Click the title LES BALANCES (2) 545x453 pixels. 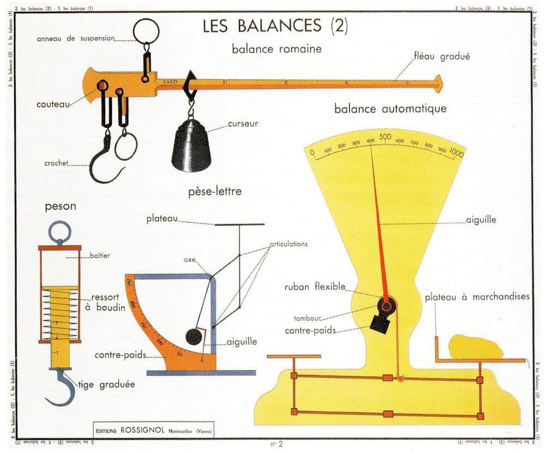click(x=275, y=26)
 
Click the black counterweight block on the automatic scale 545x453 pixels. click(x=382, y=323)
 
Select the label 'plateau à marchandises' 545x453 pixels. click(x=477, y=297)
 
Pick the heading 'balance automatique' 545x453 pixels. click(x=390, y=109)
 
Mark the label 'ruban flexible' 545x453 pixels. click(x=314, y=287)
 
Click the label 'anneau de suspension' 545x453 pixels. click(x=76, y=39)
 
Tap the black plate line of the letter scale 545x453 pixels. click(x=239, y=224)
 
